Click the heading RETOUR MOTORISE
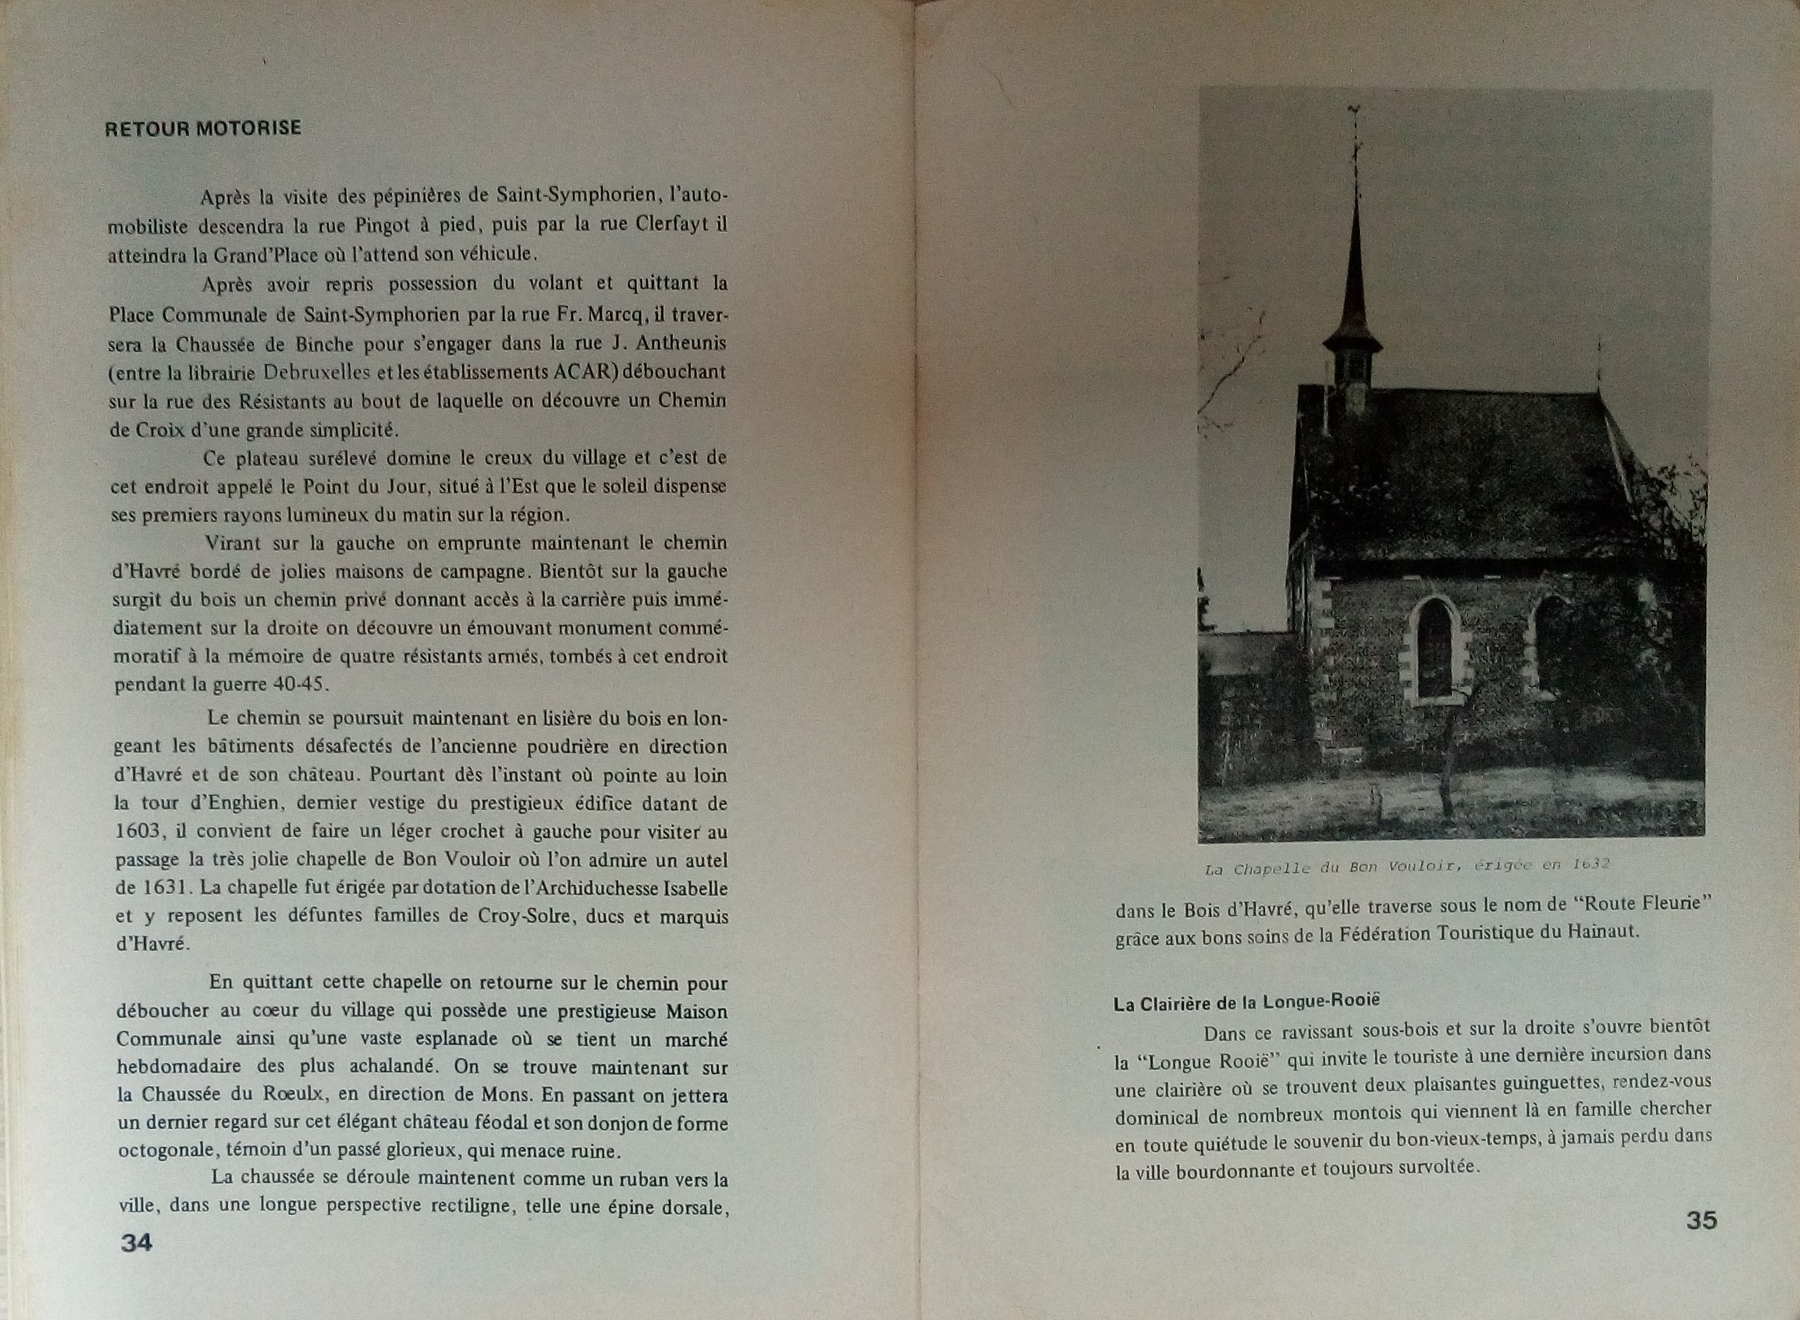tap(203, 128)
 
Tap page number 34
tap(136, 1242)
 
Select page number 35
tap(1701, 1220)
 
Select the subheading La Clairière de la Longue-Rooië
tap(1247, 1004)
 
